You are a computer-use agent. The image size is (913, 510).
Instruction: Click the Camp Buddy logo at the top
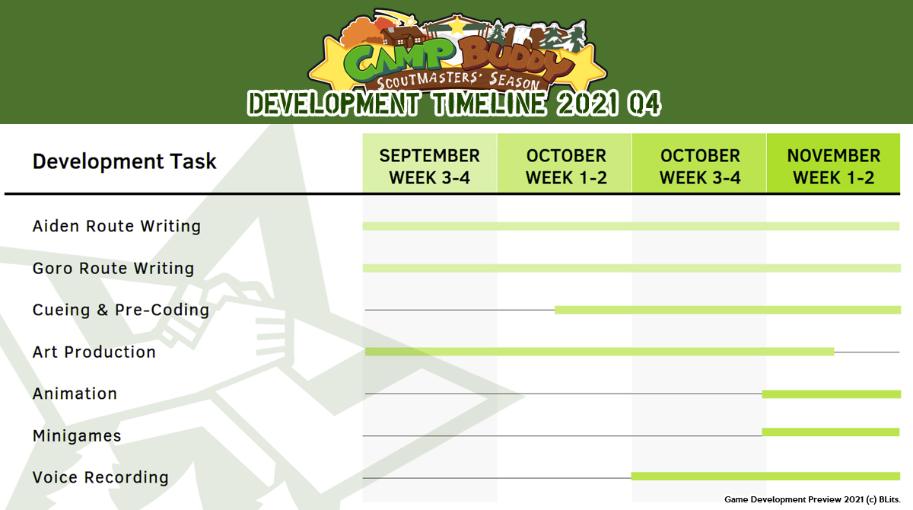click(457, 51)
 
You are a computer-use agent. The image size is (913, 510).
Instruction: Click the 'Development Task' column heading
click(124, 161)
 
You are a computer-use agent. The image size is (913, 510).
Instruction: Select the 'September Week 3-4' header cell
click(430, 163)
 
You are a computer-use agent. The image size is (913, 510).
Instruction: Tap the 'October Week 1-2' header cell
click(565, 163)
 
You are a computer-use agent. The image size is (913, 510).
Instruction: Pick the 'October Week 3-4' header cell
click(699, 163)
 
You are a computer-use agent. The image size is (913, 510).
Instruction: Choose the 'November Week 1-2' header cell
click(833, 163)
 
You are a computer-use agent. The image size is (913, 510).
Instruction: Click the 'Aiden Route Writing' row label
click(116, 226)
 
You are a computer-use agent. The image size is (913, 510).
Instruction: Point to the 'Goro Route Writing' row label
click(113, 268)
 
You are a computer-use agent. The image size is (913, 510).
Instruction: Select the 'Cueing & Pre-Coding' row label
click(121, 311)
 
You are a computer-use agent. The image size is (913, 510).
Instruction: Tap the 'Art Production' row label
click(94, 352)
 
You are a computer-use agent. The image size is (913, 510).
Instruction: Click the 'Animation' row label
click(75, 394)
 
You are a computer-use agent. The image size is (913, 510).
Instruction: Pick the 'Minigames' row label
click(77, 436)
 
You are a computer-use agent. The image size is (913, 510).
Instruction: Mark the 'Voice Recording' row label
click(100, 477)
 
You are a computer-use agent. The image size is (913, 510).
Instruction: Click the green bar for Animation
click(832, 394)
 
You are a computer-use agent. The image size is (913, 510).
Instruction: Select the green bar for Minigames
click(831, 432)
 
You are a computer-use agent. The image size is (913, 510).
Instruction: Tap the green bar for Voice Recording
click(766, 477)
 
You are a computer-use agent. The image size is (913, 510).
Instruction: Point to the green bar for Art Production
click(600, 352)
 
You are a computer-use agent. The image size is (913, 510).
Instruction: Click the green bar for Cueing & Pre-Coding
click(728, 310)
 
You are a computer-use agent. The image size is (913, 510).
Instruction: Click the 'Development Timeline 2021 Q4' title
click(453, 104)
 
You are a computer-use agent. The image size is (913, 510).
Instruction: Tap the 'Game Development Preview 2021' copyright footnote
click(813, 499)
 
